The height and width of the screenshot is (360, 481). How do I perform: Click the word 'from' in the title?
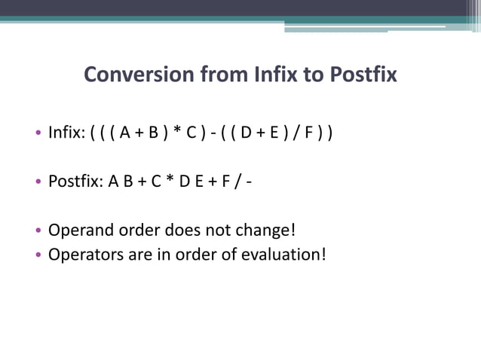[213, 75]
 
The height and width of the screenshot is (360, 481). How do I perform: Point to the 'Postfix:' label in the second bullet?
[75, 182]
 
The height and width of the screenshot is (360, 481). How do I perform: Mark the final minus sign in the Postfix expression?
[247, 182]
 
